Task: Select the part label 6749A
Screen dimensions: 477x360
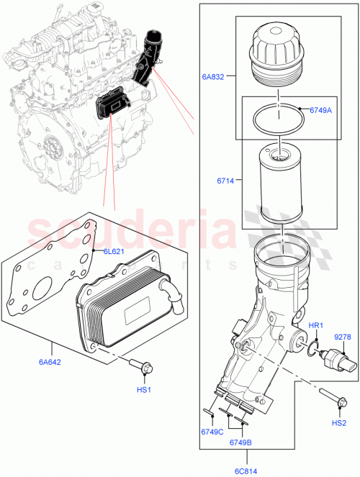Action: (x=320, y=110)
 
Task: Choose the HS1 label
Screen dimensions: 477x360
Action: (x=144, y=389)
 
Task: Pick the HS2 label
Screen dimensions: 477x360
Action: (x=338, y=423)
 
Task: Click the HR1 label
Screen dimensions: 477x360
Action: (x=316, y=326)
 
